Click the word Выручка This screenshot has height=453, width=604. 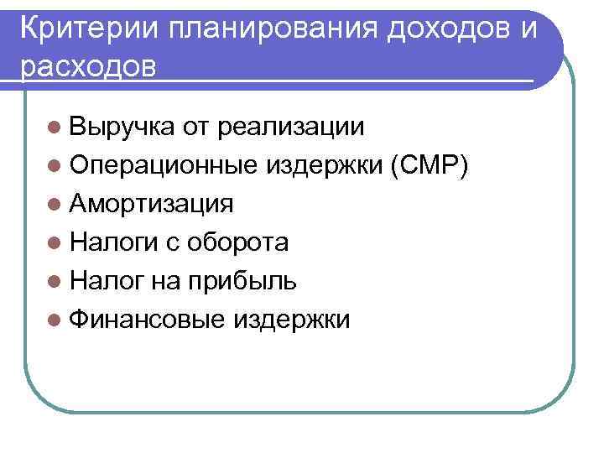122,127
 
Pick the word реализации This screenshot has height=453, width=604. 290,127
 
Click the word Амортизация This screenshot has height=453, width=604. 152,204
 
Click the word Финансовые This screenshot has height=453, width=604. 148,320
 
